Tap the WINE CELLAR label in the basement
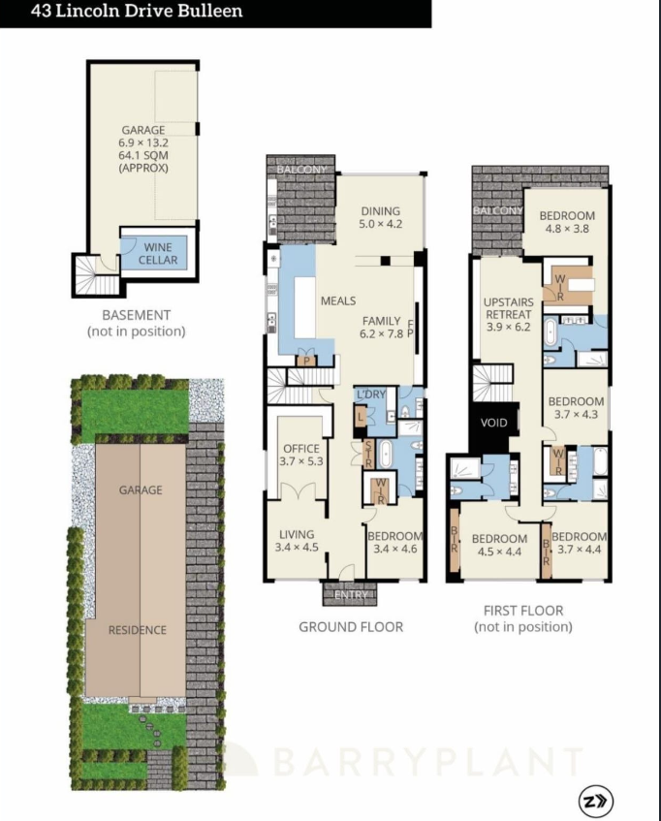[159, 253]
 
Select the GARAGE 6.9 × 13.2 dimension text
[142, 142]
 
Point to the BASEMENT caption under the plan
[136, 315]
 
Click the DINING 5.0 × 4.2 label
[380, 216]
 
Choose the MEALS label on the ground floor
[338, 300]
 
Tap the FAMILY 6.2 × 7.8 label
[381, 327]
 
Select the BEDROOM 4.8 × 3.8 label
[567, 222]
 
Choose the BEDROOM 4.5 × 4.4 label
[498, 546]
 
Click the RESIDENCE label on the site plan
[137, 630]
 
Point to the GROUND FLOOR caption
[350, 627]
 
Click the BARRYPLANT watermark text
[426, 762]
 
